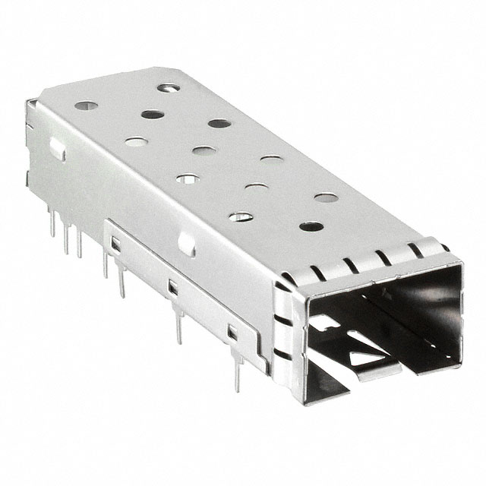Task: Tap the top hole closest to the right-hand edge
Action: pyautogui.click(x=327, y=197)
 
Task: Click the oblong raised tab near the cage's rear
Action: pyautogui.click(x=57, y=150)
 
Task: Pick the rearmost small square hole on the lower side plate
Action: pyautogui.click(x=116, y=244)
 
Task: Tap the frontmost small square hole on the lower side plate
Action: pyautogui.click(x=233, y=332)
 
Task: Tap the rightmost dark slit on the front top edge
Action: pyautogui.click(x=415, y=250)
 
